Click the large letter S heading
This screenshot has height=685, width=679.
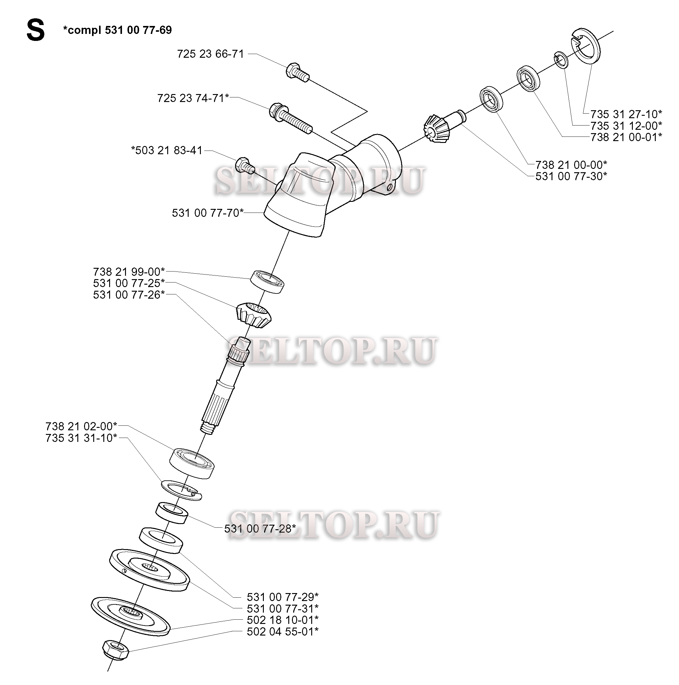35,31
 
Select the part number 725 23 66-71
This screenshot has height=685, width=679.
210,54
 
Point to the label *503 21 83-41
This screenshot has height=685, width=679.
167,150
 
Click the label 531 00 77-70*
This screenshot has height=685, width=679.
208,213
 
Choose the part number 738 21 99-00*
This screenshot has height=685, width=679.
129,271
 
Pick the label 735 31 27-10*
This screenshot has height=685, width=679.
626,114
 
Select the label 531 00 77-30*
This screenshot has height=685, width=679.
571,176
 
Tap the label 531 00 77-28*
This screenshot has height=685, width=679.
260,529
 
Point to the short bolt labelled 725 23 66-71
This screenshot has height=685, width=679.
297,72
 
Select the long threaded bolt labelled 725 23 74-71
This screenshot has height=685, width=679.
291,117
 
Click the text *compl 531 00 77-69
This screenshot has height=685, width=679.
117,30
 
